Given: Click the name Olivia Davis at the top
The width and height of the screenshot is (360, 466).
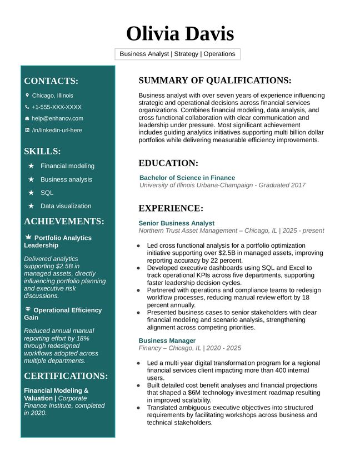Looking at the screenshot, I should click(x=180, y=34).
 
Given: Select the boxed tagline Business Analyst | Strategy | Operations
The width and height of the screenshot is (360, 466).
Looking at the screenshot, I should click(x=178, y=54).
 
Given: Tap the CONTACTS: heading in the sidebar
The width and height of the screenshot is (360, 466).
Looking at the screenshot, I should click(x=51, y=81).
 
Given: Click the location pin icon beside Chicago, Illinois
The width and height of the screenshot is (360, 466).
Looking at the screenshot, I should click(x=27, y=95).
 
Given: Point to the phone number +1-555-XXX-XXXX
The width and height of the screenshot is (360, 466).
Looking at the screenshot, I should click(x=56, y=107).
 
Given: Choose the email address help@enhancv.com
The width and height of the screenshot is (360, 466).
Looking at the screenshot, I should click(x=57, y=118).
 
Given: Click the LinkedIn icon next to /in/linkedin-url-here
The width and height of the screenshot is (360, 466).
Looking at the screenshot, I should click(x=27, y=130).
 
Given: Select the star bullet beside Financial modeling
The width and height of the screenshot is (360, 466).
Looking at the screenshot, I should click(x=31, y=166).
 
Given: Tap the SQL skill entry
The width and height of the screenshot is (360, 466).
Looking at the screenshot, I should click(x=47, y=193).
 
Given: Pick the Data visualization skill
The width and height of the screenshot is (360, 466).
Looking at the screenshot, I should click(x=66, y=206).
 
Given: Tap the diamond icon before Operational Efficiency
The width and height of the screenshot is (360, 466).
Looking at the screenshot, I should click(x=28, y=309).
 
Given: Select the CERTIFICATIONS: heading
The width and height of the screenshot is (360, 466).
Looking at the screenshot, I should click(x=66, y=376).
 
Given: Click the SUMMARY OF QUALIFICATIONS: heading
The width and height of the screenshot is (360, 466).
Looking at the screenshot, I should click(x=215, y=81).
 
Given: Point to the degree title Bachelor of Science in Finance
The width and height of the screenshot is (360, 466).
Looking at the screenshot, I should click(x=187, y=178).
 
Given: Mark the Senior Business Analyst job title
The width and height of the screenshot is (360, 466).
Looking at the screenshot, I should click(x=176, y=223).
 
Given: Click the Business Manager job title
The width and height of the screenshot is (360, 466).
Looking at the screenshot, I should click(x=167, y=340).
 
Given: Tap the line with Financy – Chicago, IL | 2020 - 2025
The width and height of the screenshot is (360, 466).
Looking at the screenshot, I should click(x=189, y=348).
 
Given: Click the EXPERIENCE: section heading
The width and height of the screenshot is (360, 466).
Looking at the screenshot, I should click(x=171, y=208).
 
